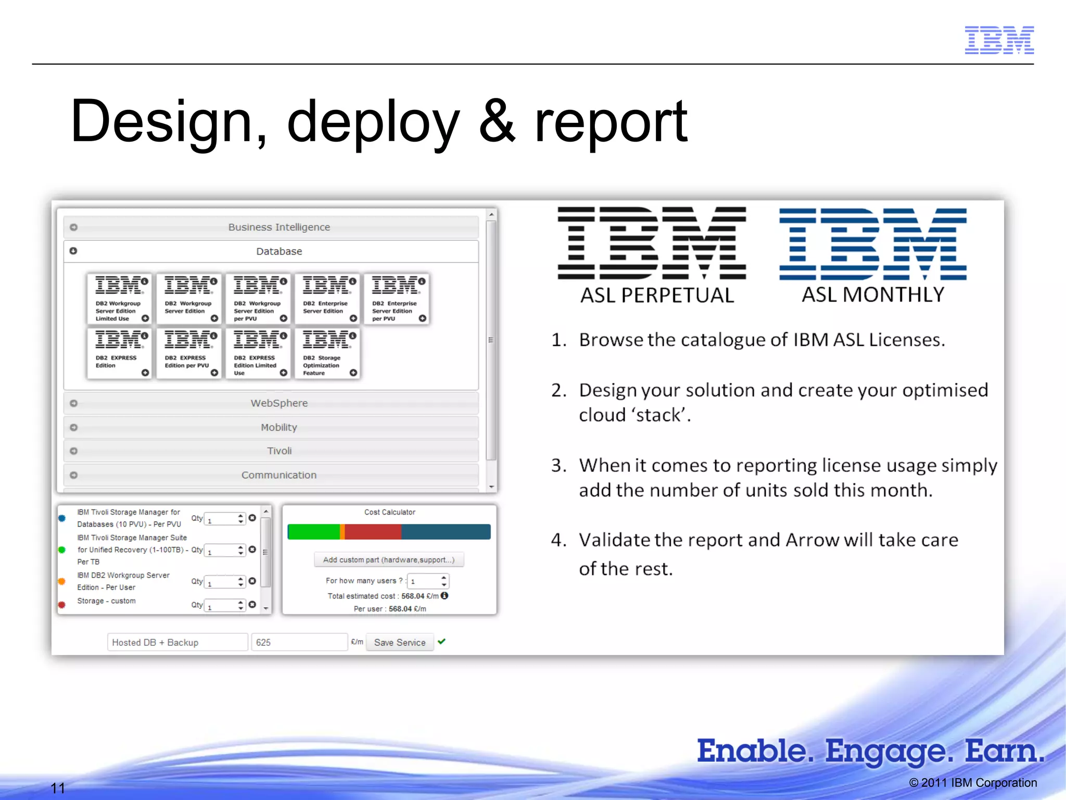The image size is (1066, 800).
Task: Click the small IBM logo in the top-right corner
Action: click(999, 40)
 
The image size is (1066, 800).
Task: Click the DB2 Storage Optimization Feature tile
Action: click(327, 353)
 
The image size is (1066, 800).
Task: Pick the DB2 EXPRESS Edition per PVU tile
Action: click(189, 353)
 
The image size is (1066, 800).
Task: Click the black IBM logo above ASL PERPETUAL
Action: click(652, 243)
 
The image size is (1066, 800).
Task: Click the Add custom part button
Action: click(389, 560)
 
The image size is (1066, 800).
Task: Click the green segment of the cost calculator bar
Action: click(313, 532)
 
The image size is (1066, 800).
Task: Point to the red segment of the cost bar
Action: click(373, 532)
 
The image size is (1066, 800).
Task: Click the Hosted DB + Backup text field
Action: click(177, 642)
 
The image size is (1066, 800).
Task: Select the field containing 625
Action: click(299, 642)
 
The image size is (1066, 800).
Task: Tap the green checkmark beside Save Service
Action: click(442, 642)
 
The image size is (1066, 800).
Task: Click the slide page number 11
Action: click(58, 788)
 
